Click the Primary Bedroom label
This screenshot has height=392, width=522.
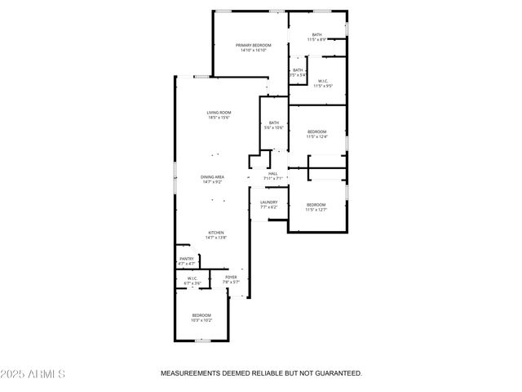(253, 45)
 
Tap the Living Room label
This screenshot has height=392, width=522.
(219, 113)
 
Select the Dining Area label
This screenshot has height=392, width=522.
(213, 177)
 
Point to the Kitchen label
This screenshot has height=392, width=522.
(215, 233)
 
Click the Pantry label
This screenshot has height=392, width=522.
(187, 259)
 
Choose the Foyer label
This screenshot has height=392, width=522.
(231, 278)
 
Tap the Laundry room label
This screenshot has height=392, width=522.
(269, 203)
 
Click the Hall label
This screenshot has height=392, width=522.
(273, 173)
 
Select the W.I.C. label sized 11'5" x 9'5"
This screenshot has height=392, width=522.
(323, 80)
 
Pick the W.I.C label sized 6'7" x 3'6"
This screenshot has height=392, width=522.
(192, 278)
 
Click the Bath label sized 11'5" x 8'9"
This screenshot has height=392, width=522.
(316, 34)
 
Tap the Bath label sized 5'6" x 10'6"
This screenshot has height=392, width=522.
(274, 123)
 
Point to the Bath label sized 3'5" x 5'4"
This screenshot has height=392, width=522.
(298, 70)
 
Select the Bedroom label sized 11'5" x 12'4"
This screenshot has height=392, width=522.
(316, 132)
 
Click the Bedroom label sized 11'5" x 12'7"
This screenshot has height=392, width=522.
(316, 205)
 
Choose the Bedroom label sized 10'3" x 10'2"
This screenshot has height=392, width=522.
(201, 315)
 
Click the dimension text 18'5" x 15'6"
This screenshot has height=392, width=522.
(219, 118)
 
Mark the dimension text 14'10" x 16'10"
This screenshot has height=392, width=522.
(253, 50)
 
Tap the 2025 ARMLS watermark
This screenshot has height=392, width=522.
(33, 374)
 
